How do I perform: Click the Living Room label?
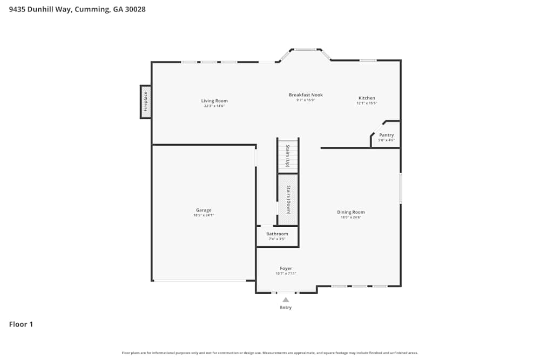pos(214,101)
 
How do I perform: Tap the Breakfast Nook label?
pos(306,95)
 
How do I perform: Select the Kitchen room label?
pos(367,98)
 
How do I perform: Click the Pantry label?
pos(387,135)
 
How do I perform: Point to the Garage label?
pos(204,210)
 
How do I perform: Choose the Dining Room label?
pos(351,212)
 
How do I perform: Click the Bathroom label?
pos(277,234)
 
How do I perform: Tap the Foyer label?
pos(286,268)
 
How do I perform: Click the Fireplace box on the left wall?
pos(145,101)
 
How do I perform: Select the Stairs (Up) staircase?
pos(288,156)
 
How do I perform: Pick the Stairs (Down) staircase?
pos(288,200)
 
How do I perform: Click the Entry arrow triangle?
pos(286,300)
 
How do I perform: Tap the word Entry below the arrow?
pos(286,308)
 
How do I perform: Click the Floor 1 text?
pos(21,324)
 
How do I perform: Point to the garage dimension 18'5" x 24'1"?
pos(204,215)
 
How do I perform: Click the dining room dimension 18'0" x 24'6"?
pos(351,218)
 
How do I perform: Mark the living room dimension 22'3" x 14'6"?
pos(214,106)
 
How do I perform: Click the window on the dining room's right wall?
pos(400,188)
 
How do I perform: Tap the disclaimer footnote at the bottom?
pos(270,353)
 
